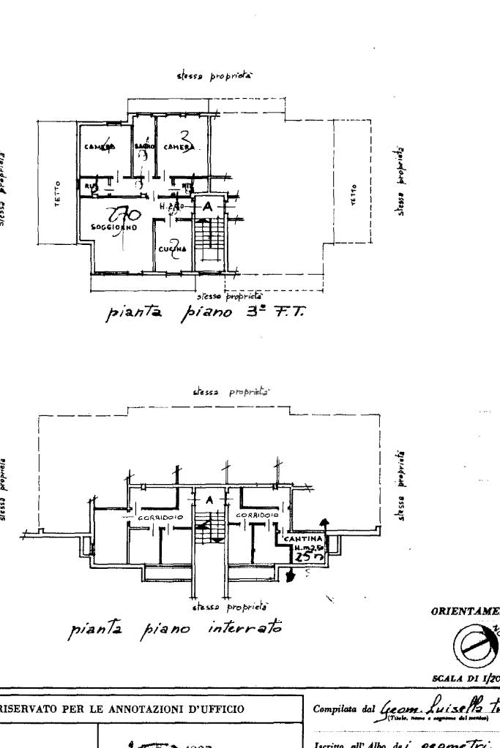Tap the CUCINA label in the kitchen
(173, 249)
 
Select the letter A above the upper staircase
(208, 207)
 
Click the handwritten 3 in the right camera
(185, 137)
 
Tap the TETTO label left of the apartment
(59, 192)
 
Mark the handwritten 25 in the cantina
(300, 557)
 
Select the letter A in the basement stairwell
(209, 500)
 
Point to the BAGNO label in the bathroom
(143, 146)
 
